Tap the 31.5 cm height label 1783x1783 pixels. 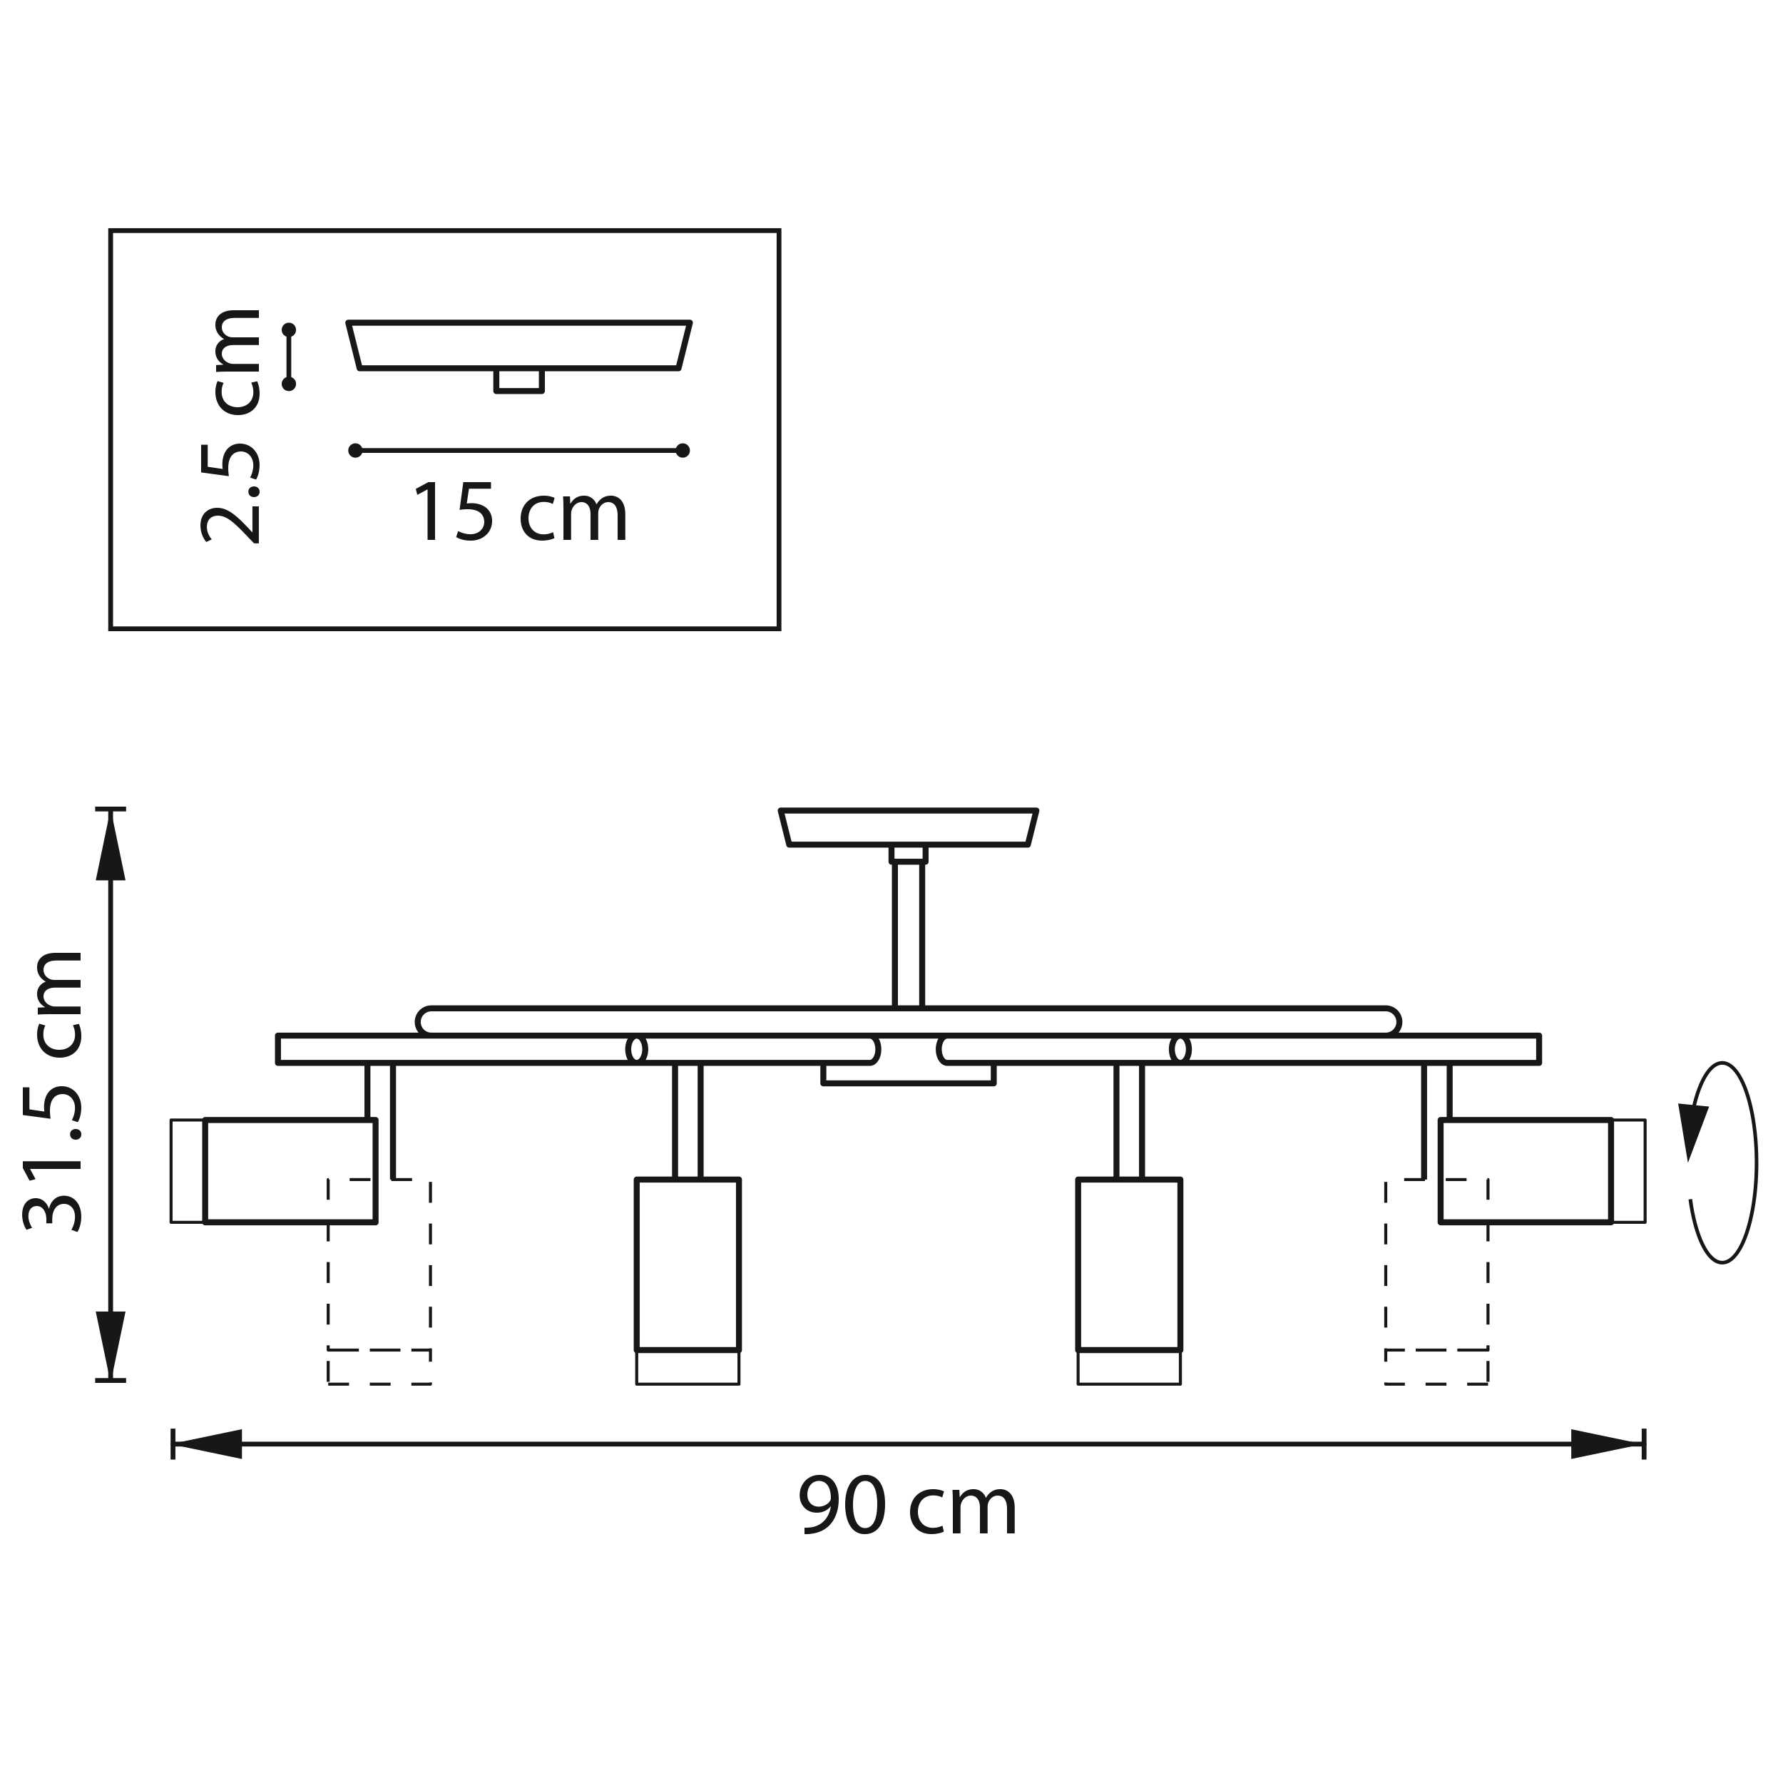pos(53,1090)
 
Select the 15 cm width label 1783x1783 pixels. pos(520,513)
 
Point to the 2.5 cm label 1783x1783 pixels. pos(230,426)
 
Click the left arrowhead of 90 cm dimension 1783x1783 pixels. pos(208,1444)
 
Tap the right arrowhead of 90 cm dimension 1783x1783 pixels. pos(1607,1444)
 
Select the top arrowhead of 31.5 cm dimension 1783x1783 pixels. pos(111,845)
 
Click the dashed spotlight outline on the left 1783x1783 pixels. pos(379,1283)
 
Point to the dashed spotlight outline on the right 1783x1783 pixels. pos(1436,1283)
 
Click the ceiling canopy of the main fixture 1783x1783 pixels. pos(908,827)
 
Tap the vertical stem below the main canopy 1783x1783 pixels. pos(908,932)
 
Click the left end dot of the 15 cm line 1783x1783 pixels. pos(356,450)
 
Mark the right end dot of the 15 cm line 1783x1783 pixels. pos(683,450)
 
